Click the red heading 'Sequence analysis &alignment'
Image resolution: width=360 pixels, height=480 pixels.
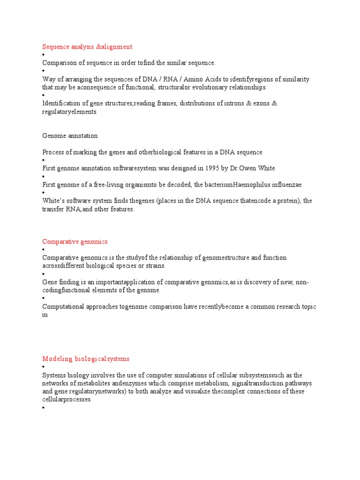tap(87, 47)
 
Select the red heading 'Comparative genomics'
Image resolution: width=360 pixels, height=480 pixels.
tap(75, 242)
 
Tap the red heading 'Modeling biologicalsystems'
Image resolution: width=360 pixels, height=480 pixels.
tap(86, 359)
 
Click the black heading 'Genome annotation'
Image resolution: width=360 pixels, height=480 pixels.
tap(70, 136)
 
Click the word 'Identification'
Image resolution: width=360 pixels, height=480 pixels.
tap(61, 104)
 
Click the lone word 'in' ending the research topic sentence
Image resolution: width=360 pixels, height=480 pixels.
tap(45, 315)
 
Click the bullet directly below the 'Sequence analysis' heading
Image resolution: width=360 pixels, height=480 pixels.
tap(44, 55)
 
